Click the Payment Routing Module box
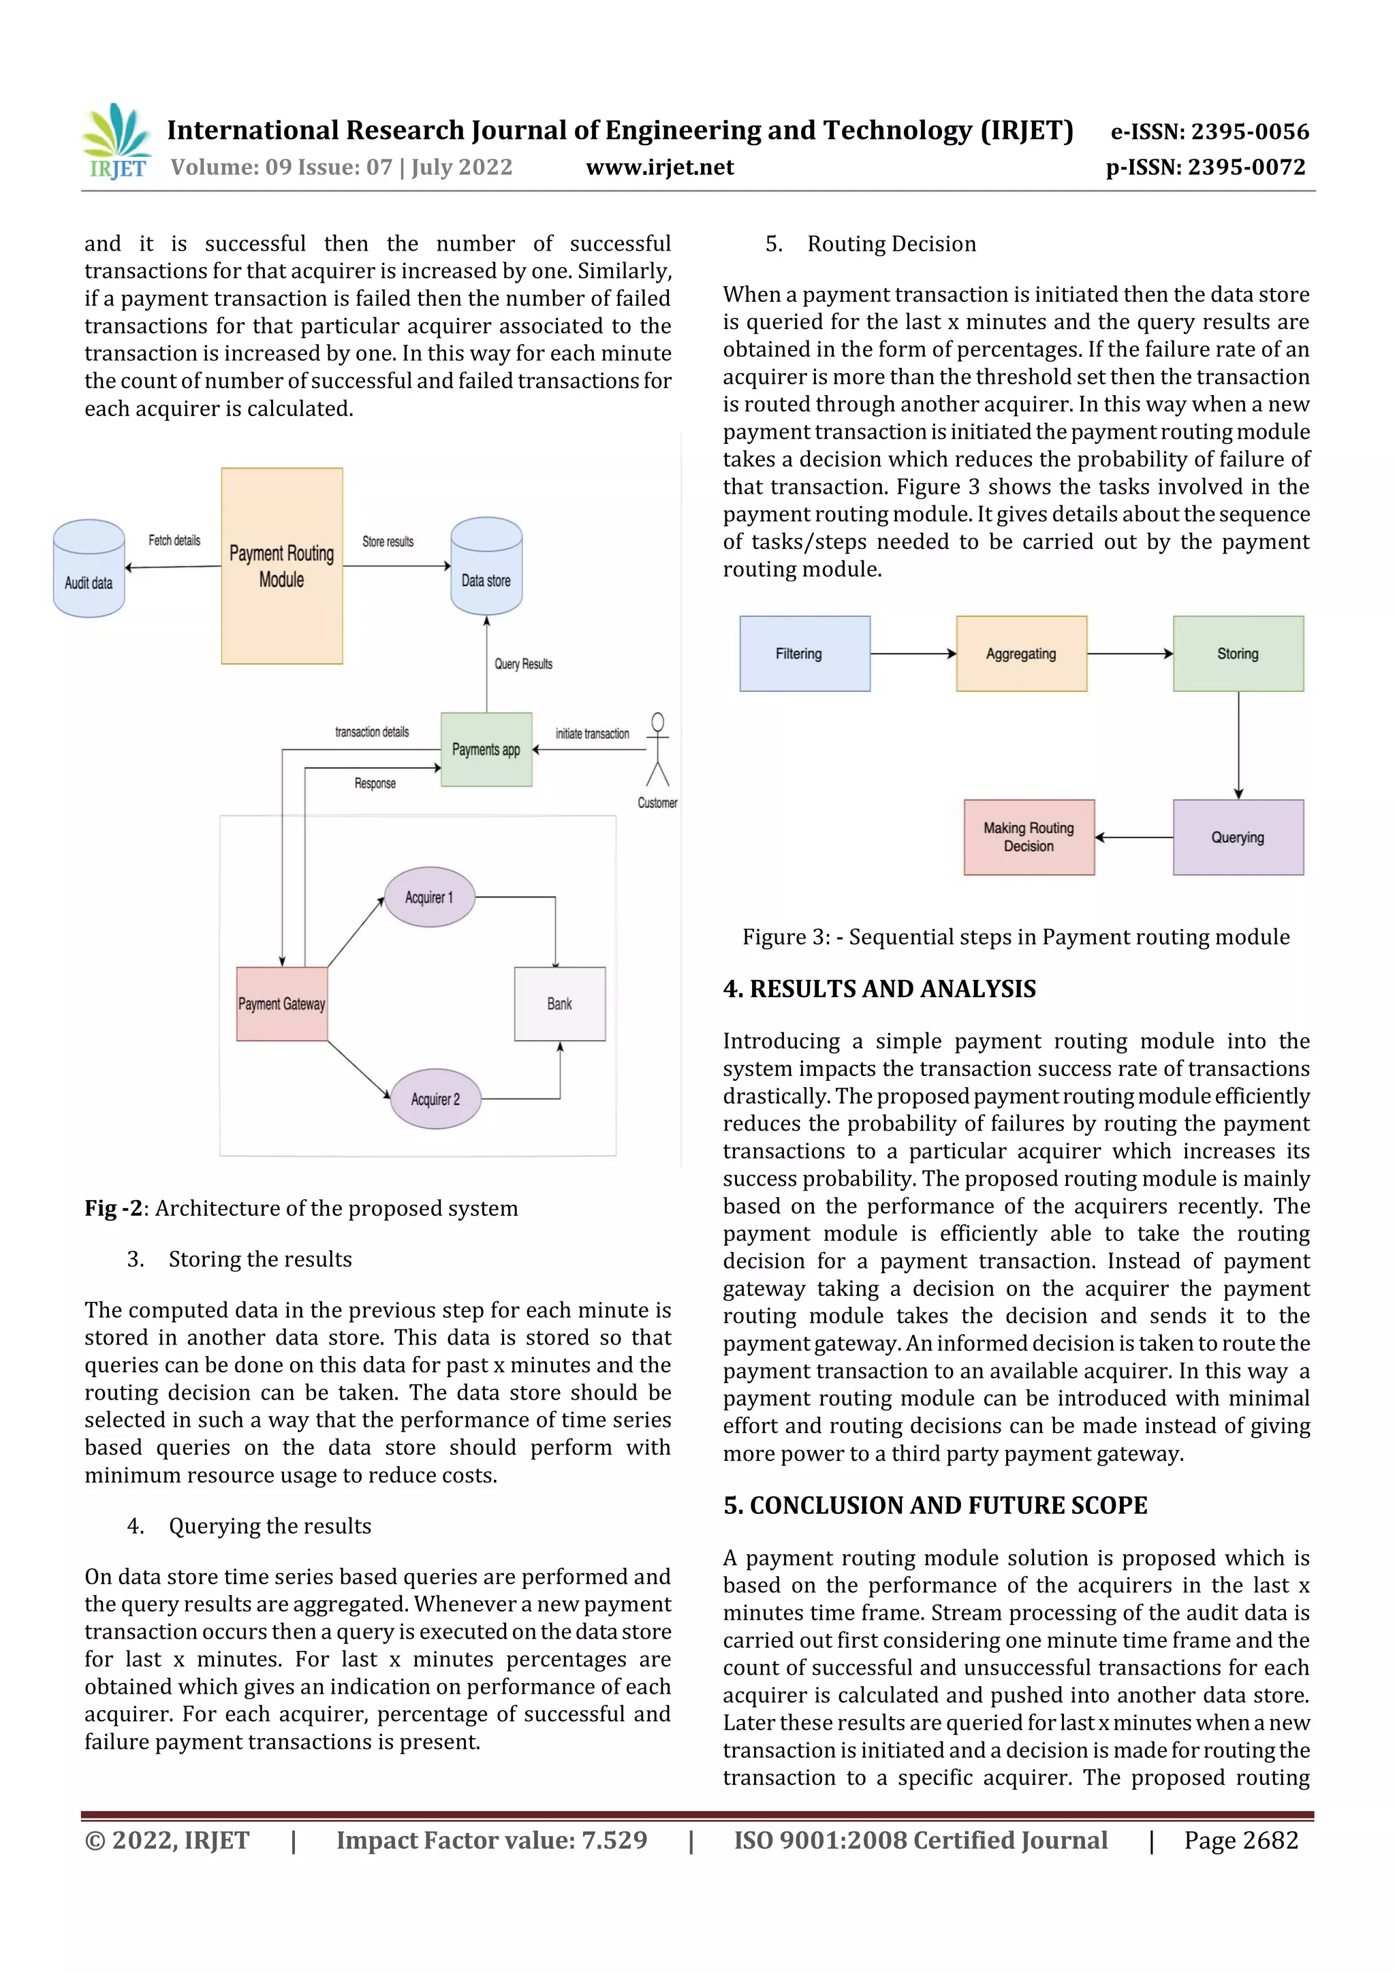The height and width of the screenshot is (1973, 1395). click(x=282, y=565)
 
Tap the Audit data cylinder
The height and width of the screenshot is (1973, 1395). click(x=89, y=569)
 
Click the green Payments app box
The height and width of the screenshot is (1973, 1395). click(x=486, y=749)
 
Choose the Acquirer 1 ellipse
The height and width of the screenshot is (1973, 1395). click(x=429, y=897)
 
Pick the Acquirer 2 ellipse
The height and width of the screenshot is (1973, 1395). click(x=435, y=1099)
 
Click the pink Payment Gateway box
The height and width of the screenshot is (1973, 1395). click(x=282, y=1004)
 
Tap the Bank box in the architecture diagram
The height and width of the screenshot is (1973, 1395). click(x=559, y=1004)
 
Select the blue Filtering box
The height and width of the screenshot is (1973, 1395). click(x=804, y=654)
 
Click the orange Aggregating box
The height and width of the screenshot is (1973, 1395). click(x=1021, y=654)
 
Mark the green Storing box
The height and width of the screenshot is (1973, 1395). click(x=1238, y=654)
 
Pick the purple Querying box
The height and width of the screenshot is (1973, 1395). click(x=1238, y=838)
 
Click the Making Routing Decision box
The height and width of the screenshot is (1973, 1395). click(x=1029, y=838)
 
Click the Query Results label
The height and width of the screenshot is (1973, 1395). click(x=523, y=664)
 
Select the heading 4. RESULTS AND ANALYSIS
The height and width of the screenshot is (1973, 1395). click(x=879, y=989)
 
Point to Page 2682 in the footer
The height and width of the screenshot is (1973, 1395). click(x=1240, y=1840)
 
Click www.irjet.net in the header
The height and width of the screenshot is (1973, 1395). click(x=660, y=168)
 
